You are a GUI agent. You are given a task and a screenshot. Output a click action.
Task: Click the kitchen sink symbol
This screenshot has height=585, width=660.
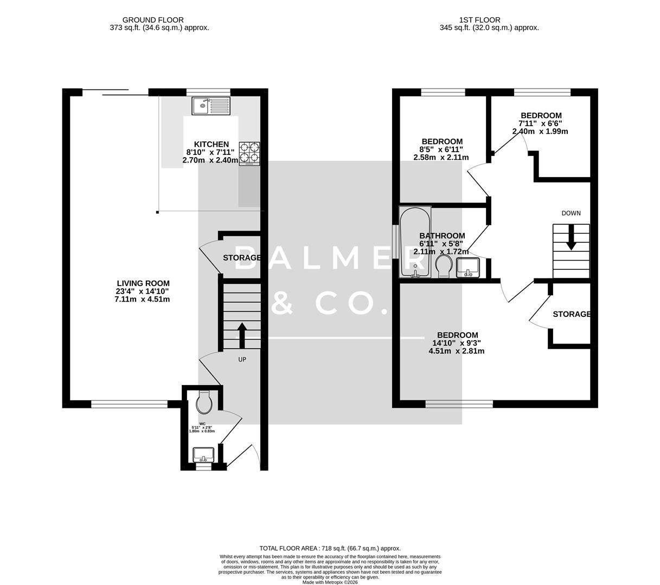pyautogui.click(x=211, y=106)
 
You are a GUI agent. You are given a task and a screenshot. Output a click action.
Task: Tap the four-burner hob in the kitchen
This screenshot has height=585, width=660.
pyautogui.click(x=249, y=153)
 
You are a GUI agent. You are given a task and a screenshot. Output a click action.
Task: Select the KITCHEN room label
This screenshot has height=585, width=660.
pyautogui.click(x=212, y=144)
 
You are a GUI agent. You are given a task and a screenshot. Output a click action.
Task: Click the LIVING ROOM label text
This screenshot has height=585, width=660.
pyautogui.click(x=143, y=283)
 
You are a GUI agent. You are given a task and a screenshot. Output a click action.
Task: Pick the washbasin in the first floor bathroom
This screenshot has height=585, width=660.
pyautogui.click(x=468, y=267)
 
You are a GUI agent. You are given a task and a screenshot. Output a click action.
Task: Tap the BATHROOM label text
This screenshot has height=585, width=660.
pyautogui.click(x=442, y=236)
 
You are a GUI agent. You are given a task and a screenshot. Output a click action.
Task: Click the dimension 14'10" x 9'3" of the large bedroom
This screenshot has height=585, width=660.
pyautogui.click(x=456, y=343)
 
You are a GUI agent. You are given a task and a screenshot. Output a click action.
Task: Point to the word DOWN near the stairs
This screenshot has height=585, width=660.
pyautogui.click(x=571, y=213)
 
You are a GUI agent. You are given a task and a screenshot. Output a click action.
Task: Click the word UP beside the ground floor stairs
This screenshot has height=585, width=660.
pyautogui.click(x=242, y=359)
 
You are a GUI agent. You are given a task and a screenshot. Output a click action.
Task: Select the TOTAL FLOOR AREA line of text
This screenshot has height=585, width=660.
pyautogui.click(x=330, y=548)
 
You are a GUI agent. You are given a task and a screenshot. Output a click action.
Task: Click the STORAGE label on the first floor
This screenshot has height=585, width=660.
pyautogui.click(x=571, y=314)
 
